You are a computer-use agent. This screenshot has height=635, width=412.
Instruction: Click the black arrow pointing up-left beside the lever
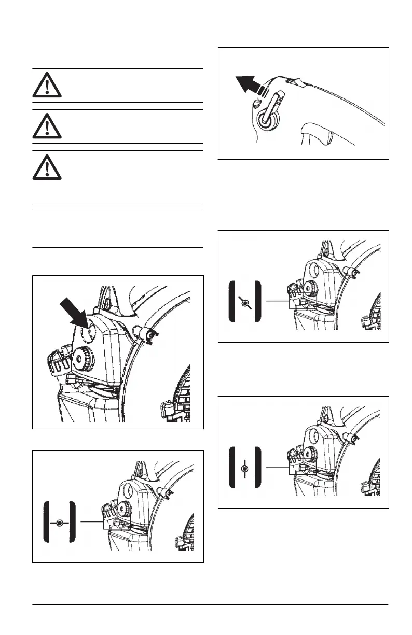tap(250, 84)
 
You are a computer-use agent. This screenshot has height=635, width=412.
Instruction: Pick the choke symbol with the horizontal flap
tap(60, 523)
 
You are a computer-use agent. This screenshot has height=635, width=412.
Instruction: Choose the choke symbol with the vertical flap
tap(244, 468)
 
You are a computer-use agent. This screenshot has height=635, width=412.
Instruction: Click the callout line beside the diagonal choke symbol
tap(277, 301)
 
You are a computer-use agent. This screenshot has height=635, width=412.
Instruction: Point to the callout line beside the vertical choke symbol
tap(277, 468)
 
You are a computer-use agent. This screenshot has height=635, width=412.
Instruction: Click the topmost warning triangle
tap(47, 86)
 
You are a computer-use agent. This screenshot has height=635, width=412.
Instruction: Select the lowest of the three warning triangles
tap(47, 168)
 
